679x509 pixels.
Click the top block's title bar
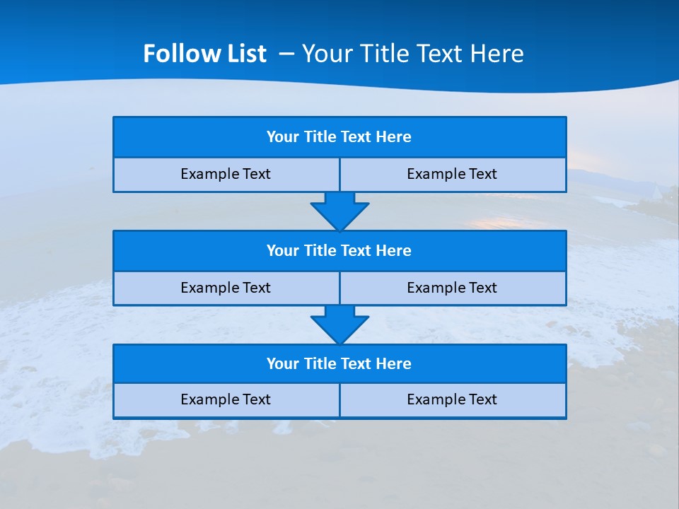coord(339,137)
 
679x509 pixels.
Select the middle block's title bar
coord(339,250)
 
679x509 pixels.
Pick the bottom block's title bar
coord(339,363)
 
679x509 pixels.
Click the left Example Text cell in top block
coord(226,174)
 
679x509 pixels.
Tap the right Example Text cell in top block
coord(452,174)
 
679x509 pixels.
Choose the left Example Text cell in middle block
coord(226,288)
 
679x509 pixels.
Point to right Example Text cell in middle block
coord(452,288)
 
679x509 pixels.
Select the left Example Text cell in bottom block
coord(226,399)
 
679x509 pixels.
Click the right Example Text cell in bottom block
coord(452,399)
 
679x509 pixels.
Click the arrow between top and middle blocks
coord(339,211)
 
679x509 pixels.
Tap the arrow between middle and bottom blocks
coord(339,324)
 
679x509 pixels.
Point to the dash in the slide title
coord(286,54)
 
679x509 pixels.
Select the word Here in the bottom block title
coord(394,363)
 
